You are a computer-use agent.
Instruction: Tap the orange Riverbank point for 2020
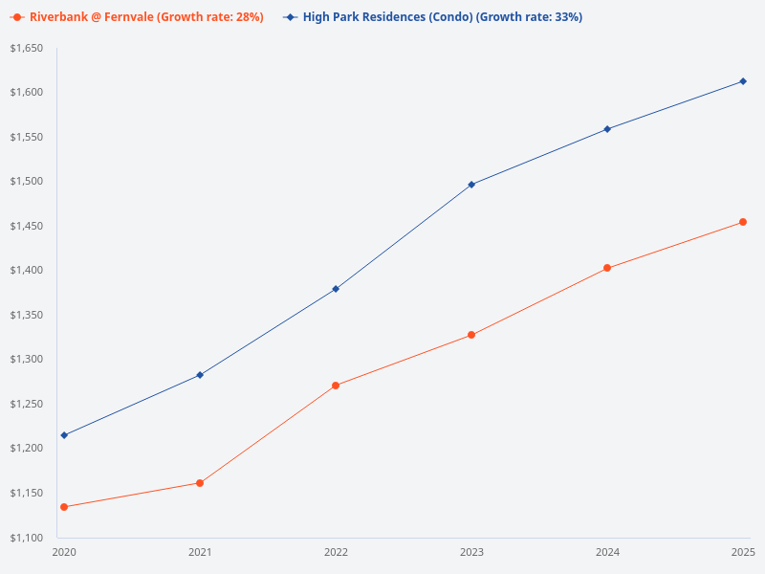click(x=64, y=507)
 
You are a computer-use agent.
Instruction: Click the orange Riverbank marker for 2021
click(x=200, y=483)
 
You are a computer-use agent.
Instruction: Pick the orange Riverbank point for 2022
click(x=336, y=386)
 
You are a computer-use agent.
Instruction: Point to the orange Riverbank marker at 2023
click(x=471, y=335)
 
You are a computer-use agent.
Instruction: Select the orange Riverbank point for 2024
click(x=607, y=268)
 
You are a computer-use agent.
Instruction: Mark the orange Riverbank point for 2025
click(x=743, y=222)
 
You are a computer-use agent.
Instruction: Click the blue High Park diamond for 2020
click(x=64, y=435)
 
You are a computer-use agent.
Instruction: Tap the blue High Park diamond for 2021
click(x=200, y=375)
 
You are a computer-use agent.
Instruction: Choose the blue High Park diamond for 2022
click(x=336, y=289)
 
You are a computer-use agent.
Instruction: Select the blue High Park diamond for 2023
click(x=471, y=185)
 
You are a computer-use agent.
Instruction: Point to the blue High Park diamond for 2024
click(x=607, y=129)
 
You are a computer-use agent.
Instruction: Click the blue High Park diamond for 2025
click(x=743, y=81)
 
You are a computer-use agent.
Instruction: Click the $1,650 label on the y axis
click(x=27, y=48)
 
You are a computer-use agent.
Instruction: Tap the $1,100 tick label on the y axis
click(x=27, y=538)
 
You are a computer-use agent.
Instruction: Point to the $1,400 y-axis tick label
click(x=27, y=271)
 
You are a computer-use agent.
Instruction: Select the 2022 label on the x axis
click(x=336, y=552)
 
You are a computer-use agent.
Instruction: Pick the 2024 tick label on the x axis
click(x=607, y=552)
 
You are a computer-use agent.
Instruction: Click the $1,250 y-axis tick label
click(x=27, y=404)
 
